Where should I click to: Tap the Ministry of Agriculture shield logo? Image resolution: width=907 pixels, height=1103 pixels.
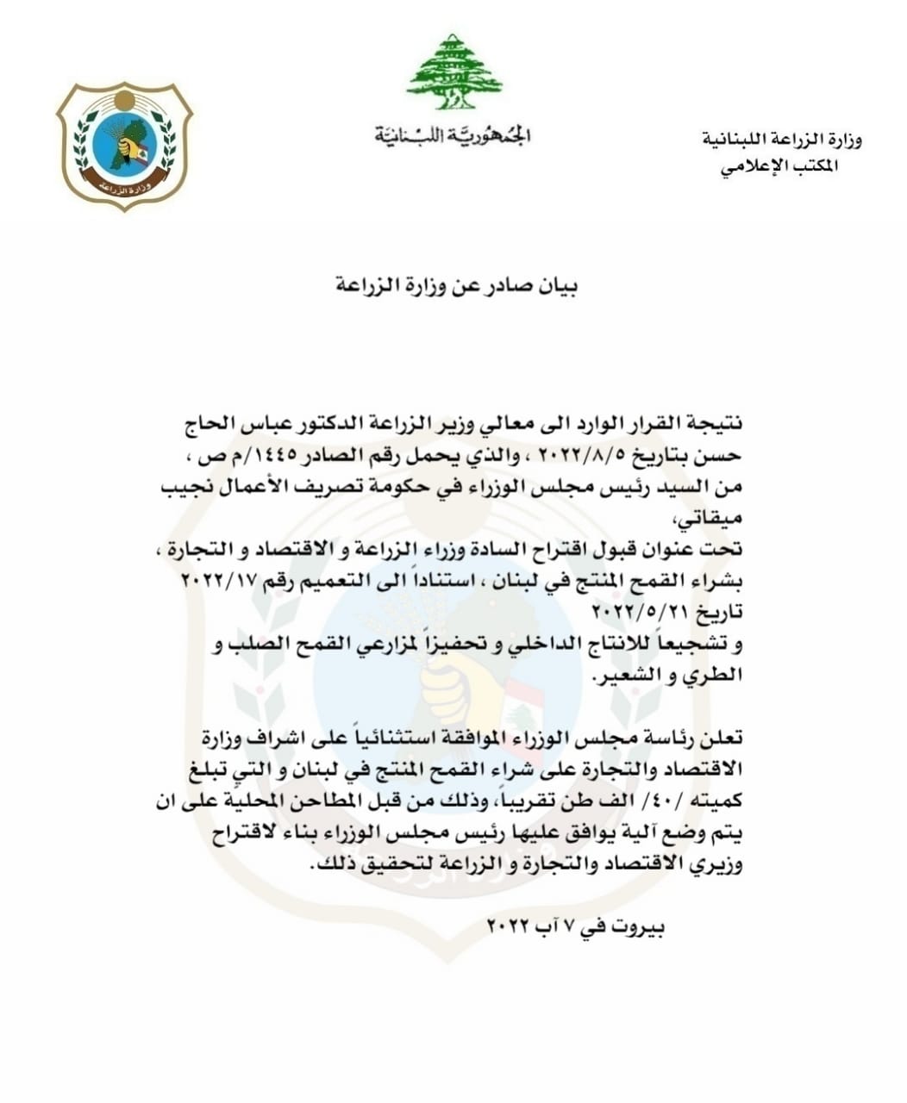124,146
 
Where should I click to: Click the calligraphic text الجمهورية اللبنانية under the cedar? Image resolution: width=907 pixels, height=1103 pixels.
453,135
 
